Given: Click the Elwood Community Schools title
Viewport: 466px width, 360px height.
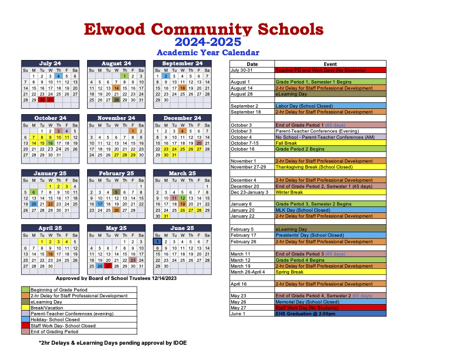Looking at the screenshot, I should (203, 29).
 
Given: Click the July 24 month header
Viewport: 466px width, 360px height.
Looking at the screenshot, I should (50, 64).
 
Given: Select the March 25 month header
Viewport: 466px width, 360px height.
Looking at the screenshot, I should (182, 174).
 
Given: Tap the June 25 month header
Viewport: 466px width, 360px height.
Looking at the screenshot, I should (182, 228).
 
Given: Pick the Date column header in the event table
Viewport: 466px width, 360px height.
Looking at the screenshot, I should (252, 64).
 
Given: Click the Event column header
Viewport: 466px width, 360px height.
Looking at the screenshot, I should (330, 64).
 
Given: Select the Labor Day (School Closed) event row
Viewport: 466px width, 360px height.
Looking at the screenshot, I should (330, 106).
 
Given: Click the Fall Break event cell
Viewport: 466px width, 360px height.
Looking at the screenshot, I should (330, 143).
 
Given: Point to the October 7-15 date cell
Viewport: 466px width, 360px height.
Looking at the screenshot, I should (252, 143).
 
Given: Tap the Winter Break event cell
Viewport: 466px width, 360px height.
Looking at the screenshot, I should (330, 192).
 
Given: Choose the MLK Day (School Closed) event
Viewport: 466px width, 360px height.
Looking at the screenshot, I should (330, 210).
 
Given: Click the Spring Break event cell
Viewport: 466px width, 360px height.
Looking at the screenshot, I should (330, 272).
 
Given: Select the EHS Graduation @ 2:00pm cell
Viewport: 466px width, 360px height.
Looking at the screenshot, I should (330, 314).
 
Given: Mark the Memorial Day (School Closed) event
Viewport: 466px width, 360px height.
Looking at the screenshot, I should (330, 301).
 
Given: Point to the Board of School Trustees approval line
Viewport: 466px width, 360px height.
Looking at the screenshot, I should (103, 278).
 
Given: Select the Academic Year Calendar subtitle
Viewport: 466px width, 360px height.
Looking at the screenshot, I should (208, 52).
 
